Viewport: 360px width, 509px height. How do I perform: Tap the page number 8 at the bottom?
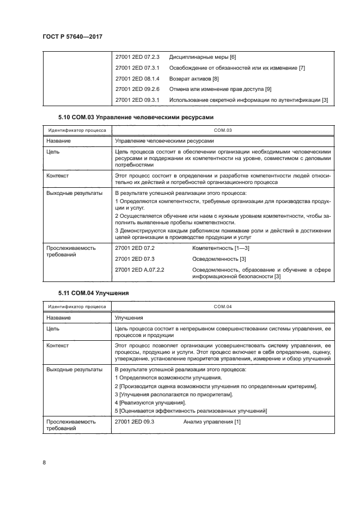[x=44, y=462]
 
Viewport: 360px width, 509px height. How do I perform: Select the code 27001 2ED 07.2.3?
[x=137, y=57]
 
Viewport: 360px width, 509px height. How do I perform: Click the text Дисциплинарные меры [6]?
[x=202, y=57]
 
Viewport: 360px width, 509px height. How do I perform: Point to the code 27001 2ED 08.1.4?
[x=137, y=78]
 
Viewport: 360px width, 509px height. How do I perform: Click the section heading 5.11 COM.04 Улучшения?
[x=93, y=293]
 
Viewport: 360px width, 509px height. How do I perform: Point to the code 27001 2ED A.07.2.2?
[x=140, y=269]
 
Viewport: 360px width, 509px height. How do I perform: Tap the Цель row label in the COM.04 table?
[x=53, y=328]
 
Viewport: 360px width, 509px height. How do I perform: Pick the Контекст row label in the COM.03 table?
[x=58, y=176]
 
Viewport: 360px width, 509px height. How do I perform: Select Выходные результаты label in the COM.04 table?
[x=74, y=369]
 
